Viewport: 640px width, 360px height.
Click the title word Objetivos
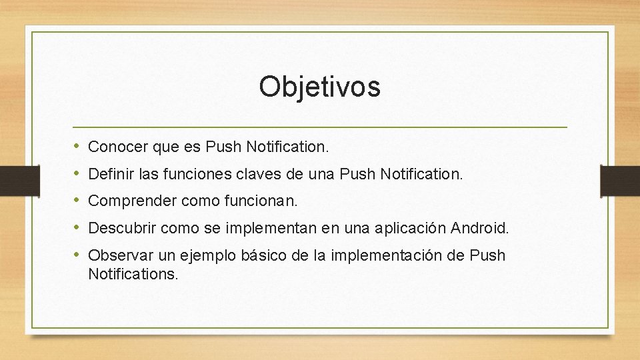319,87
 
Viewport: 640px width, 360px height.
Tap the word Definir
109,174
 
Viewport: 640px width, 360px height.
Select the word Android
479,229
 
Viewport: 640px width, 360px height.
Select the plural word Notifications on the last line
133,273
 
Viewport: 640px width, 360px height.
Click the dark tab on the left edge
11,181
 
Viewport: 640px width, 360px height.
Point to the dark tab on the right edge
619,181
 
